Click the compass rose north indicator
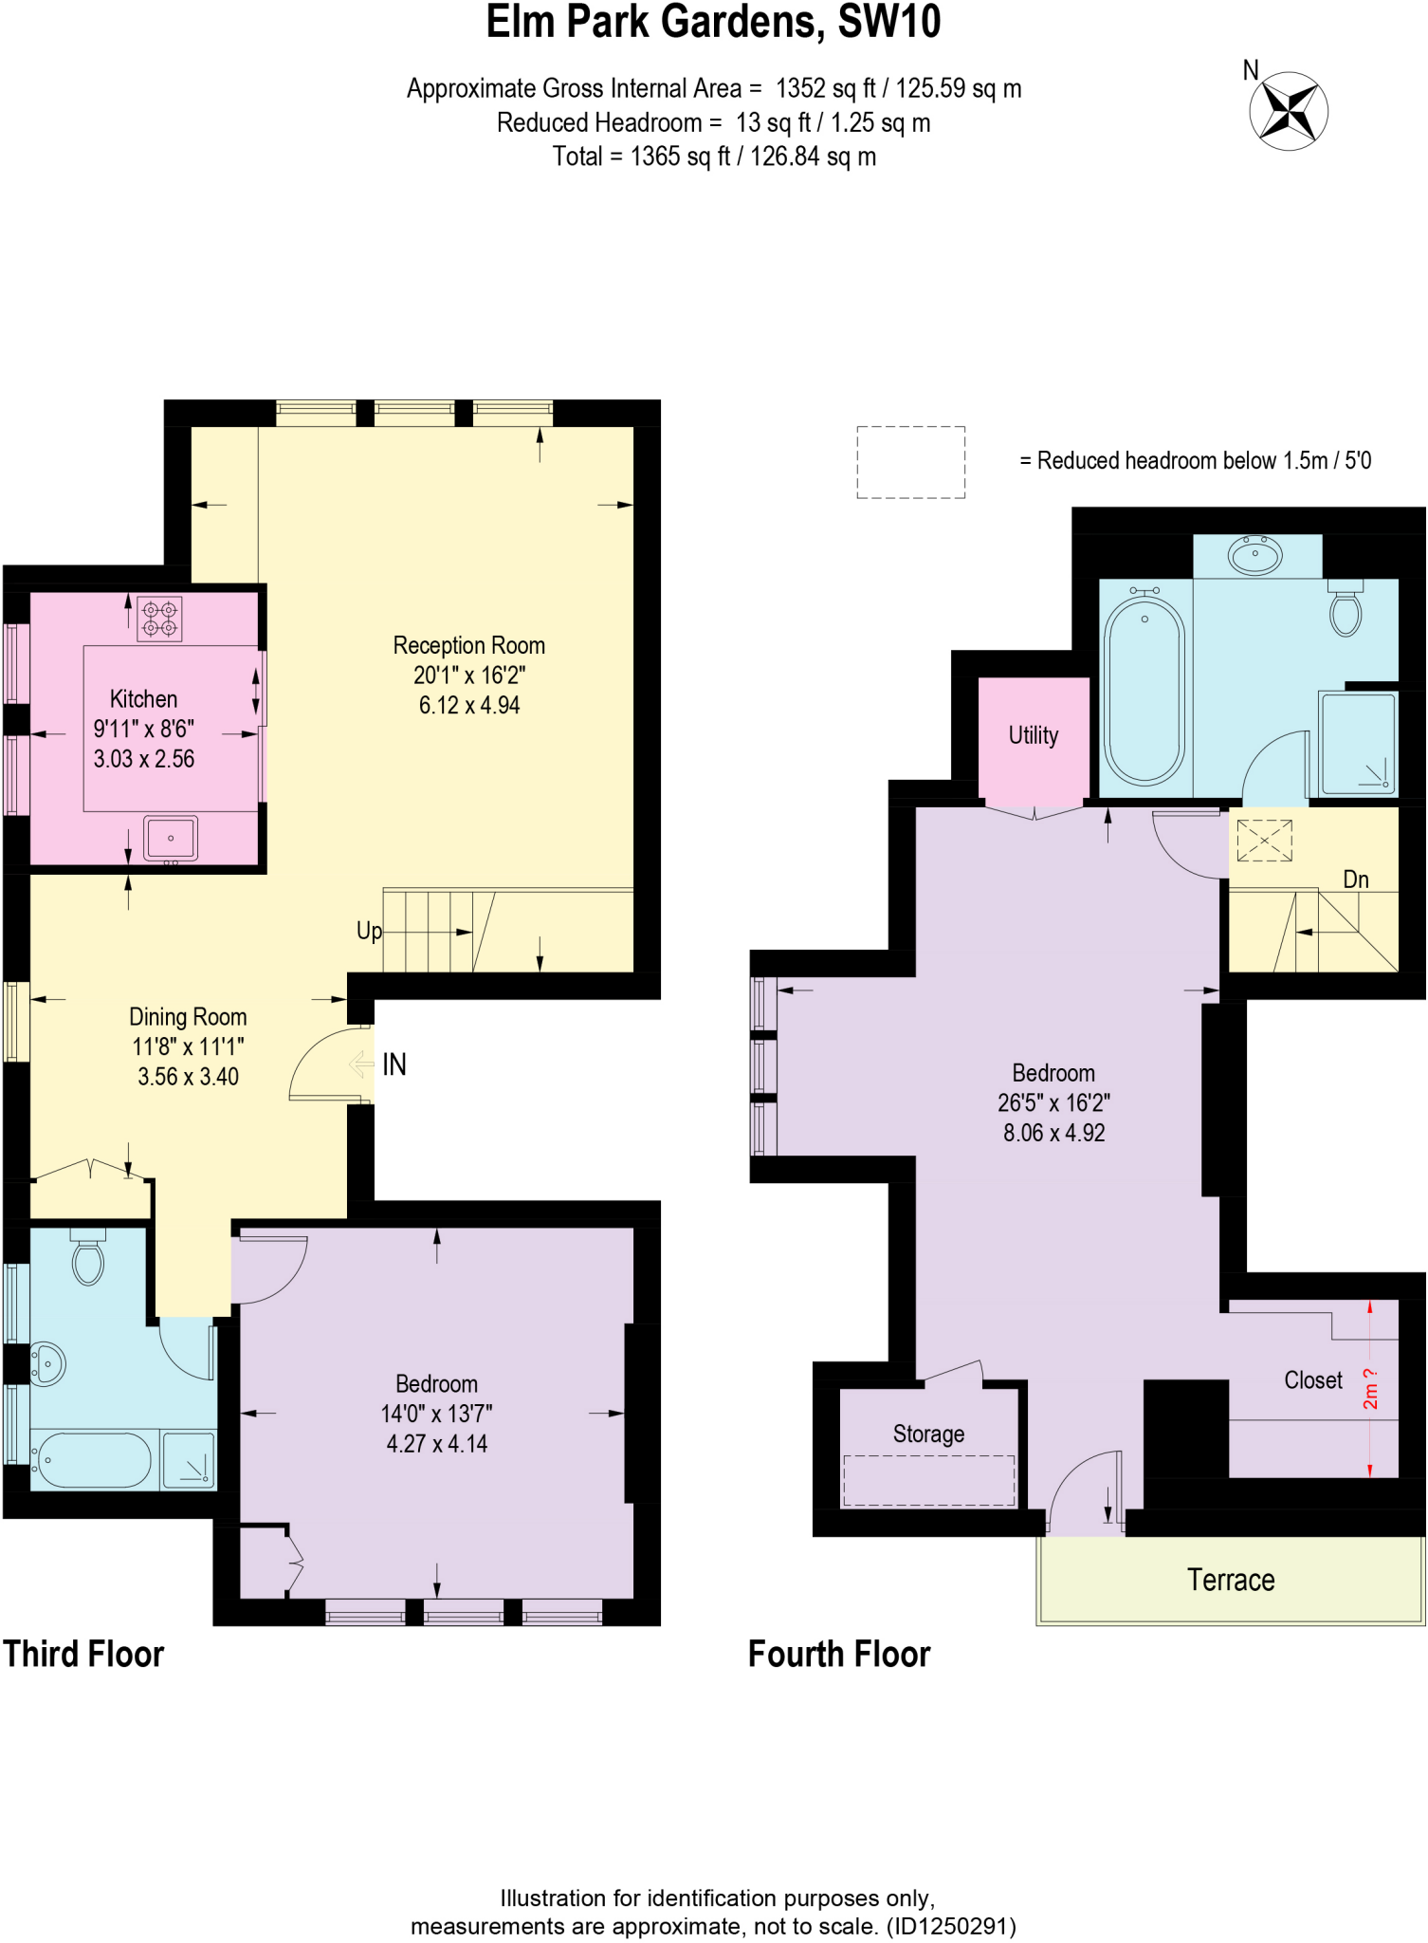[x=1288, y=110]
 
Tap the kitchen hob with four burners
[x=159, y=619]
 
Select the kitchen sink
[x=171, y=838]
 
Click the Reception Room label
[x=468, y=645]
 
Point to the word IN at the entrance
[x=394, y=1064]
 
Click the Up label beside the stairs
[x=369, y=931]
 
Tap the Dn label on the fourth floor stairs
[x=1355, y=879]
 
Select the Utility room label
[x=1033, y=735]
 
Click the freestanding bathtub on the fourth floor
[x=1144, y=687]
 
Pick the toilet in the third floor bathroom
[x=88, y=1260]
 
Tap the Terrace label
[x=1230, y=1580]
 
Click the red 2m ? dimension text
[x=1370, y=1388]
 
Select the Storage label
[x=928, y=1434]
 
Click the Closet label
[x=1312, y=1380]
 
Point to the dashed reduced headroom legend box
[x=910, y=462]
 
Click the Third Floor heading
[x=83, y=1654]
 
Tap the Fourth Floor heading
[x=838, y=1654]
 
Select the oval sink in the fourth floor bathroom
[x=1254, y=555]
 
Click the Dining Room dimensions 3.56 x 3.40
[x=188, y=1077]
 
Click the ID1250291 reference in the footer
[x=951, y=1926]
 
